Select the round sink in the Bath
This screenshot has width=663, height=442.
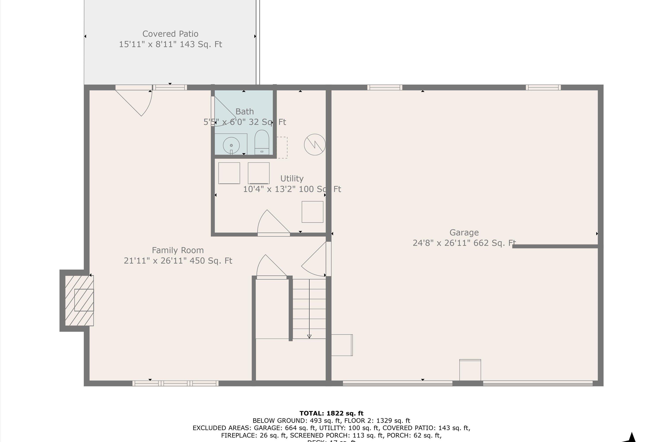[231, 145]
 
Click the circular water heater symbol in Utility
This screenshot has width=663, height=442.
[314, 145]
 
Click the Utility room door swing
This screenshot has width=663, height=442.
[272, 223]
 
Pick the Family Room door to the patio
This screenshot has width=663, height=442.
[135, 101]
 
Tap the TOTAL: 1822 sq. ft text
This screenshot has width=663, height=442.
[331, 413]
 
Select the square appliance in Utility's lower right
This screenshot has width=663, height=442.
[312, 212]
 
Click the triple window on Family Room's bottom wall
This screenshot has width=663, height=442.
[175, 383]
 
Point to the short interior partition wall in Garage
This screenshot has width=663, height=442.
[555, 246]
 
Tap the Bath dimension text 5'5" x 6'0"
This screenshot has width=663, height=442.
[245, 122]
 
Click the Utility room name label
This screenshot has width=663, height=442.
[292, 178]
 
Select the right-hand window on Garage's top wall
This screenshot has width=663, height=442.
[543, 87]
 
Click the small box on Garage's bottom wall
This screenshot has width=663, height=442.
[470, 370]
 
